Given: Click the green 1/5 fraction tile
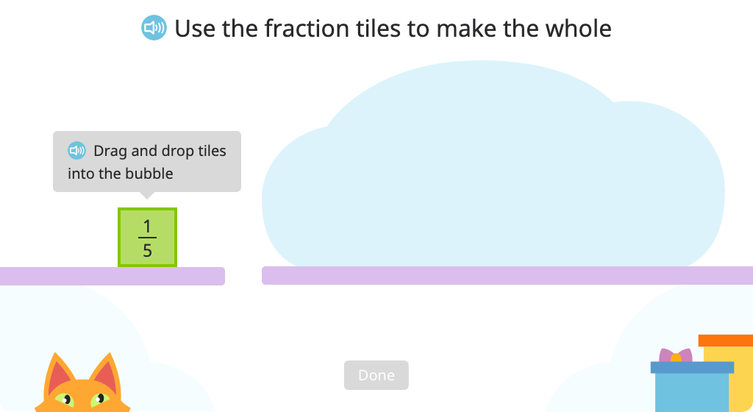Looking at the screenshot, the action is click(x=147, y=237).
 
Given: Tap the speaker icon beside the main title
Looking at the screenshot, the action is click(x=154, y=28).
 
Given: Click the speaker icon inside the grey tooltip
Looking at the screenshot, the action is click(x=76, y=150).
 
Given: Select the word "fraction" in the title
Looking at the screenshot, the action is click(x=308, y=29).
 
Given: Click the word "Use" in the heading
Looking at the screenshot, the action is click(x=195, y=29).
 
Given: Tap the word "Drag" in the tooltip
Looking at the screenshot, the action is click(x=110, y=152).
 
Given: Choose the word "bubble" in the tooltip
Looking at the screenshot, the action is click(x=149, y=174).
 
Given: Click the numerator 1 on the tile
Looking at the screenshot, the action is click(x=147, y=226).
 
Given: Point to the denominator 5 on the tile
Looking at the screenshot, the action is click(x=147, y=250).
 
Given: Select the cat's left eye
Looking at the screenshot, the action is click(x=65, y=399).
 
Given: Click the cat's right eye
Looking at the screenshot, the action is click(x=100, y=399).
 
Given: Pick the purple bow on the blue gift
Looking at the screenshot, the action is click(x=676, y=355).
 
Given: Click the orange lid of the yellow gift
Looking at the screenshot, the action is click(x=726, y=341).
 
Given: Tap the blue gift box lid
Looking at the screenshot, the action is click(x=692, y=367).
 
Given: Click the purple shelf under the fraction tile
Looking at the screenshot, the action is click(x=113, y=276).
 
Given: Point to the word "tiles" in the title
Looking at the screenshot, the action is click(x=379, y=29).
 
